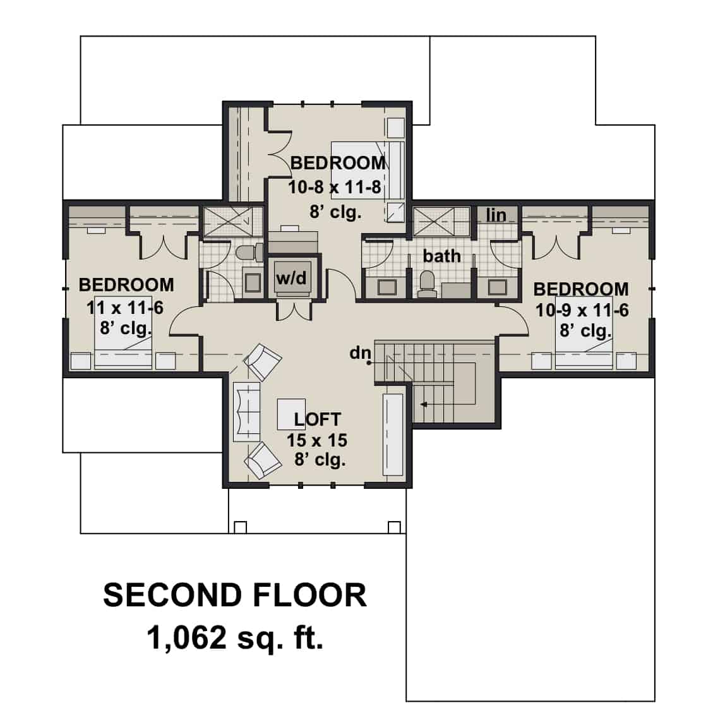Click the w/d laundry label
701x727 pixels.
tap(291, 278)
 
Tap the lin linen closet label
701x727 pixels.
tap(496, 215)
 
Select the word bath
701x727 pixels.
tap(441, 256)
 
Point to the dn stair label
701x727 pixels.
tap(359, 352)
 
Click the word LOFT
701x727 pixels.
tap(317, 419)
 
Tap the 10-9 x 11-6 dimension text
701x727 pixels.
tap(582, 310)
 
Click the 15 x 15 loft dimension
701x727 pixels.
tap(317, 440)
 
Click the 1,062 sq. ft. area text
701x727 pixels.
tap(235, 637)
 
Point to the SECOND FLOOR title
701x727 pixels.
tap(234, 595)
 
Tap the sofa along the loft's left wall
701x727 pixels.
tap(246, 411)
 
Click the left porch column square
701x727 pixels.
tap(240, 527)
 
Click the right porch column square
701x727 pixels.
tap(394, 527)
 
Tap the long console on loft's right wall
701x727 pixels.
tap(393, 435)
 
